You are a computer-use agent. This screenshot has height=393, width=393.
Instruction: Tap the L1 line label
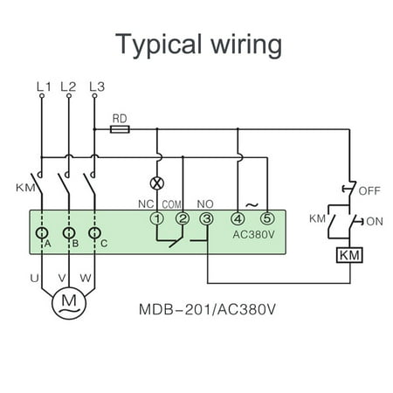pyautogui.click(x=43, y=86)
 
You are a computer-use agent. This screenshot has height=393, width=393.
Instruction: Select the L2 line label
pyautogui.click(x=68, y=86)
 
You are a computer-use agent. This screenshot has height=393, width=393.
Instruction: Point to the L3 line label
pyautogui.click(x=97, y=86)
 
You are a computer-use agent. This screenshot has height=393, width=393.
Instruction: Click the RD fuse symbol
pyautogui.click(x=121, y=128)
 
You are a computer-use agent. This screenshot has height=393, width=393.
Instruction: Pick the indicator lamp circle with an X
pyautogui.click(x=157, y=184)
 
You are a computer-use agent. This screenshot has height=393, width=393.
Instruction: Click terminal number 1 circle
pyautogui.click(x=157, y=219)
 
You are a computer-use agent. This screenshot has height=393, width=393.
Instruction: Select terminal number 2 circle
pyautogui.click(x=182, y=219)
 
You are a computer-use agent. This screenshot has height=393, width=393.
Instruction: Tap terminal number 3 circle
pyautogui.click(x=206, y=219)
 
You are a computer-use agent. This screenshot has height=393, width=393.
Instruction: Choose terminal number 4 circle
pyautogui.click(x=238, y=219)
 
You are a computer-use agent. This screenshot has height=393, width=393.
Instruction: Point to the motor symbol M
pyautogui.click(x=68, y=302)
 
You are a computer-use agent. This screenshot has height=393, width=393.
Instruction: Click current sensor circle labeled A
pyautogui.click(x=41, y=234)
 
